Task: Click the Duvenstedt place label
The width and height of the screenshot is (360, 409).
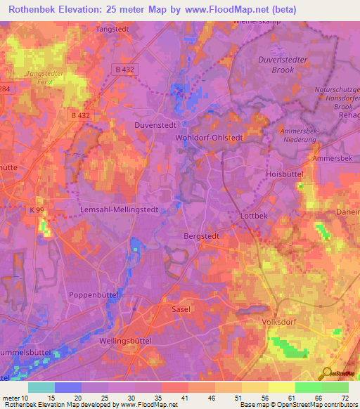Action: tap(154, 124)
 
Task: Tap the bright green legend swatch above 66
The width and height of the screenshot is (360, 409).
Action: tap(308, 387)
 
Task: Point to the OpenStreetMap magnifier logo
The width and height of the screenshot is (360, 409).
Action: tap(326, 373)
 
